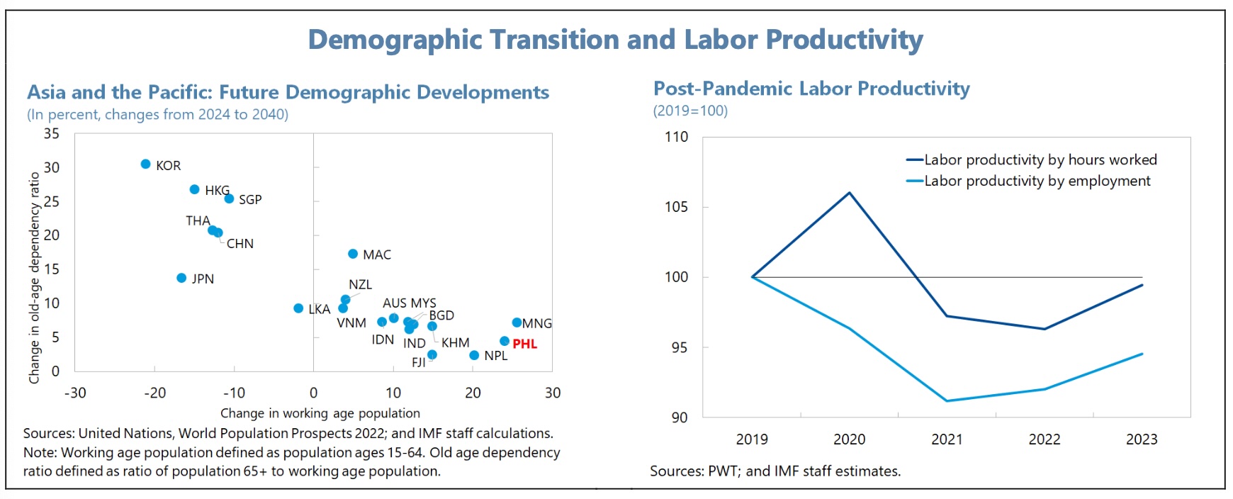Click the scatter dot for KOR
145,164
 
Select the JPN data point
181,278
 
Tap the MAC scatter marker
353,254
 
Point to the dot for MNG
517,323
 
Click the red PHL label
525,344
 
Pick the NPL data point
474,355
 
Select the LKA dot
298,308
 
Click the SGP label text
250,200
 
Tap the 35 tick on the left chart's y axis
52,134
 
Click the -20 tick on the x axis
154,393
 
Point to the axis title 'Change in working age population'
320,413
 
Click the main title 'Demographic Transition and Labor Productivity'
615,40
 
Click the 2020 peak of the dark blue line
850,192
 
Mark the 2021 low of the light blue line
947,401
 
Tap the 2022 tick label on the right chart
1045,439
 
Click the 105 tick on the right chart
676,207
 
